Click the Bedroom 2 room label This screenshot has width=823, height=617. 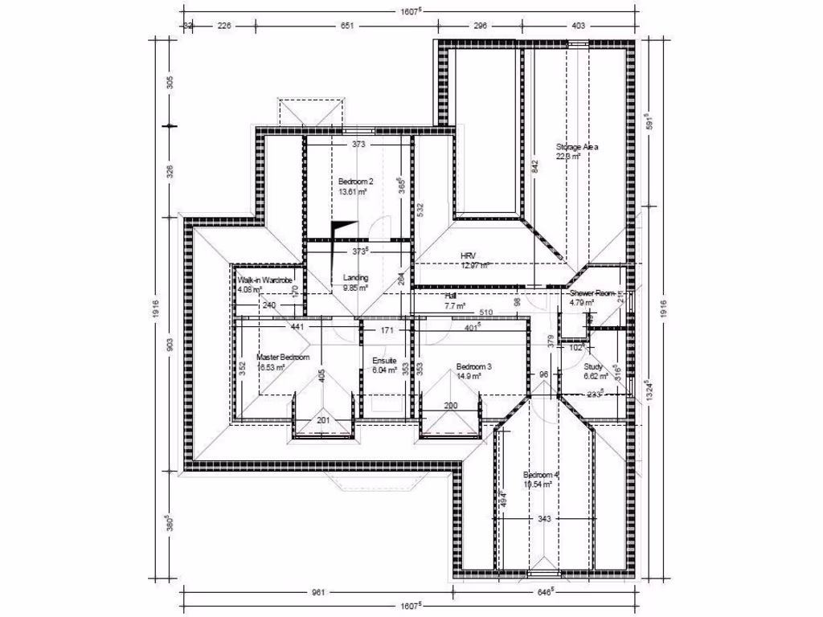pos(355,181)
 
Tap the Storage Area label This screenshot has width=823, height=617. pos(577,147)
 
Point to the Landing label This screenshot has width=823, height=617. pos(355,277)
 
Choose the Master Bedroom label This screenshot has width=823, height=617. pos(282,357)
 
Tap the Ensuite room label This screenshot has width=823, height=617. pos(383,361)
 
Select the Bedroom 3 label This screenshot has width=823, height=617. pos(473,365)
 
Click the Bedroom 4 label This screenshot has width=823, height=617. pos(540,474)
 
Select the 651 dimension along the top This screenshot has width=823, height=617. pos(347,26)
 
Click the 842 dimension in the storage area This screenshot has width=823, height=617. pos(534,170)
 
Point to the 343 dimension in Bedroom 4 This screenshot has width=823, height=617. pos(544,520)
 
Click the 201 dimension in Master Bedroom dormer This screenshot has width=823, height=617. pos(323,420)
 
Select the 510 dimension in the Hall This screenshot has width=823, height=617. pos(485,313)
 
